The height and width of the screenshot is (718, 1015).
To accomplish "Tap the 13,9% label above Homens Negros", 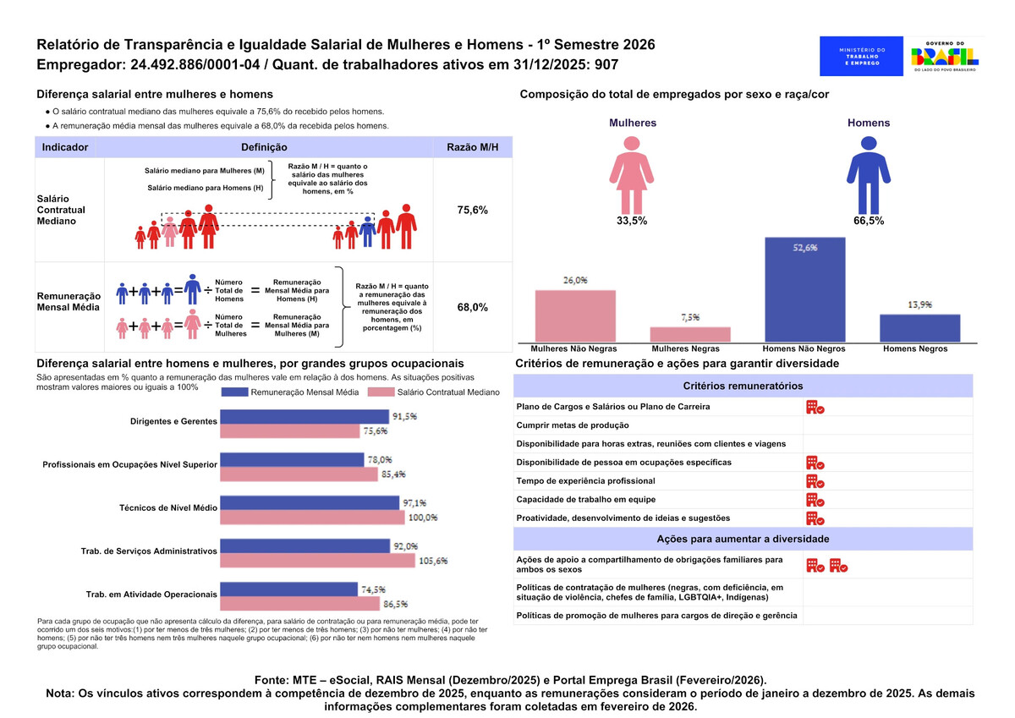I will (x=919, y=304).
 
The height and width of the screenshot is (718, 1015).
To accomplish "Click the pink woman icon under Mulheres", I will (x=632, y=173).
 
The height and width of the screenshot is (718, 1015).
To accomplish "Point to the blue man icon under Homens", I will (x=869, y=173).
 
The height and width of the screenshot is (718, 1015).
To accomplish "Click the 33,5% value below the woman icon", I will (x=632, y=222).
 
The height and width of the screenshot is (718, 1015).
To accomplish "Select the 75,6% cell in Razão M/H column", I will (x=472, y=210).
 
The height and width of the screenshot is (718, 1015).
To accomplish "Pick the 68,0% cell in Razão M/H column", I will (x=472, y=308).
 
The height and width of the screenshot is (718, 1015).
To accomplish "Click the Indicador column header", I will (x=65, y=147).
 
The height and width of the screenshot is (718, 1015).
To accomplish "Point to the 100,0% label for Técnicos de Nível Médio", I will (x=423, y=518).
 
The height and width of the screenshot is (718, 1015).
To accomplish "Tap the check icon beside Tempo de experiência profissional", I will (x=815, y=481).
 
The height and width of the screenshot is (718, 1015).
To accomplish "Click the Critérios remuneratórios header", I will (x=743, y=386).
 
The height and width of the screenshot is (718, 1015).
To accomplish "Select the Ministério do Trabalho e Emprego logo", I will (x=861, y=57).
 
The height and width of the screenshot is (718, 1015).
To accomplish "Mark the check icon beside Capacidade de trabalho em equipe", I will (x=815, y=500).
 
